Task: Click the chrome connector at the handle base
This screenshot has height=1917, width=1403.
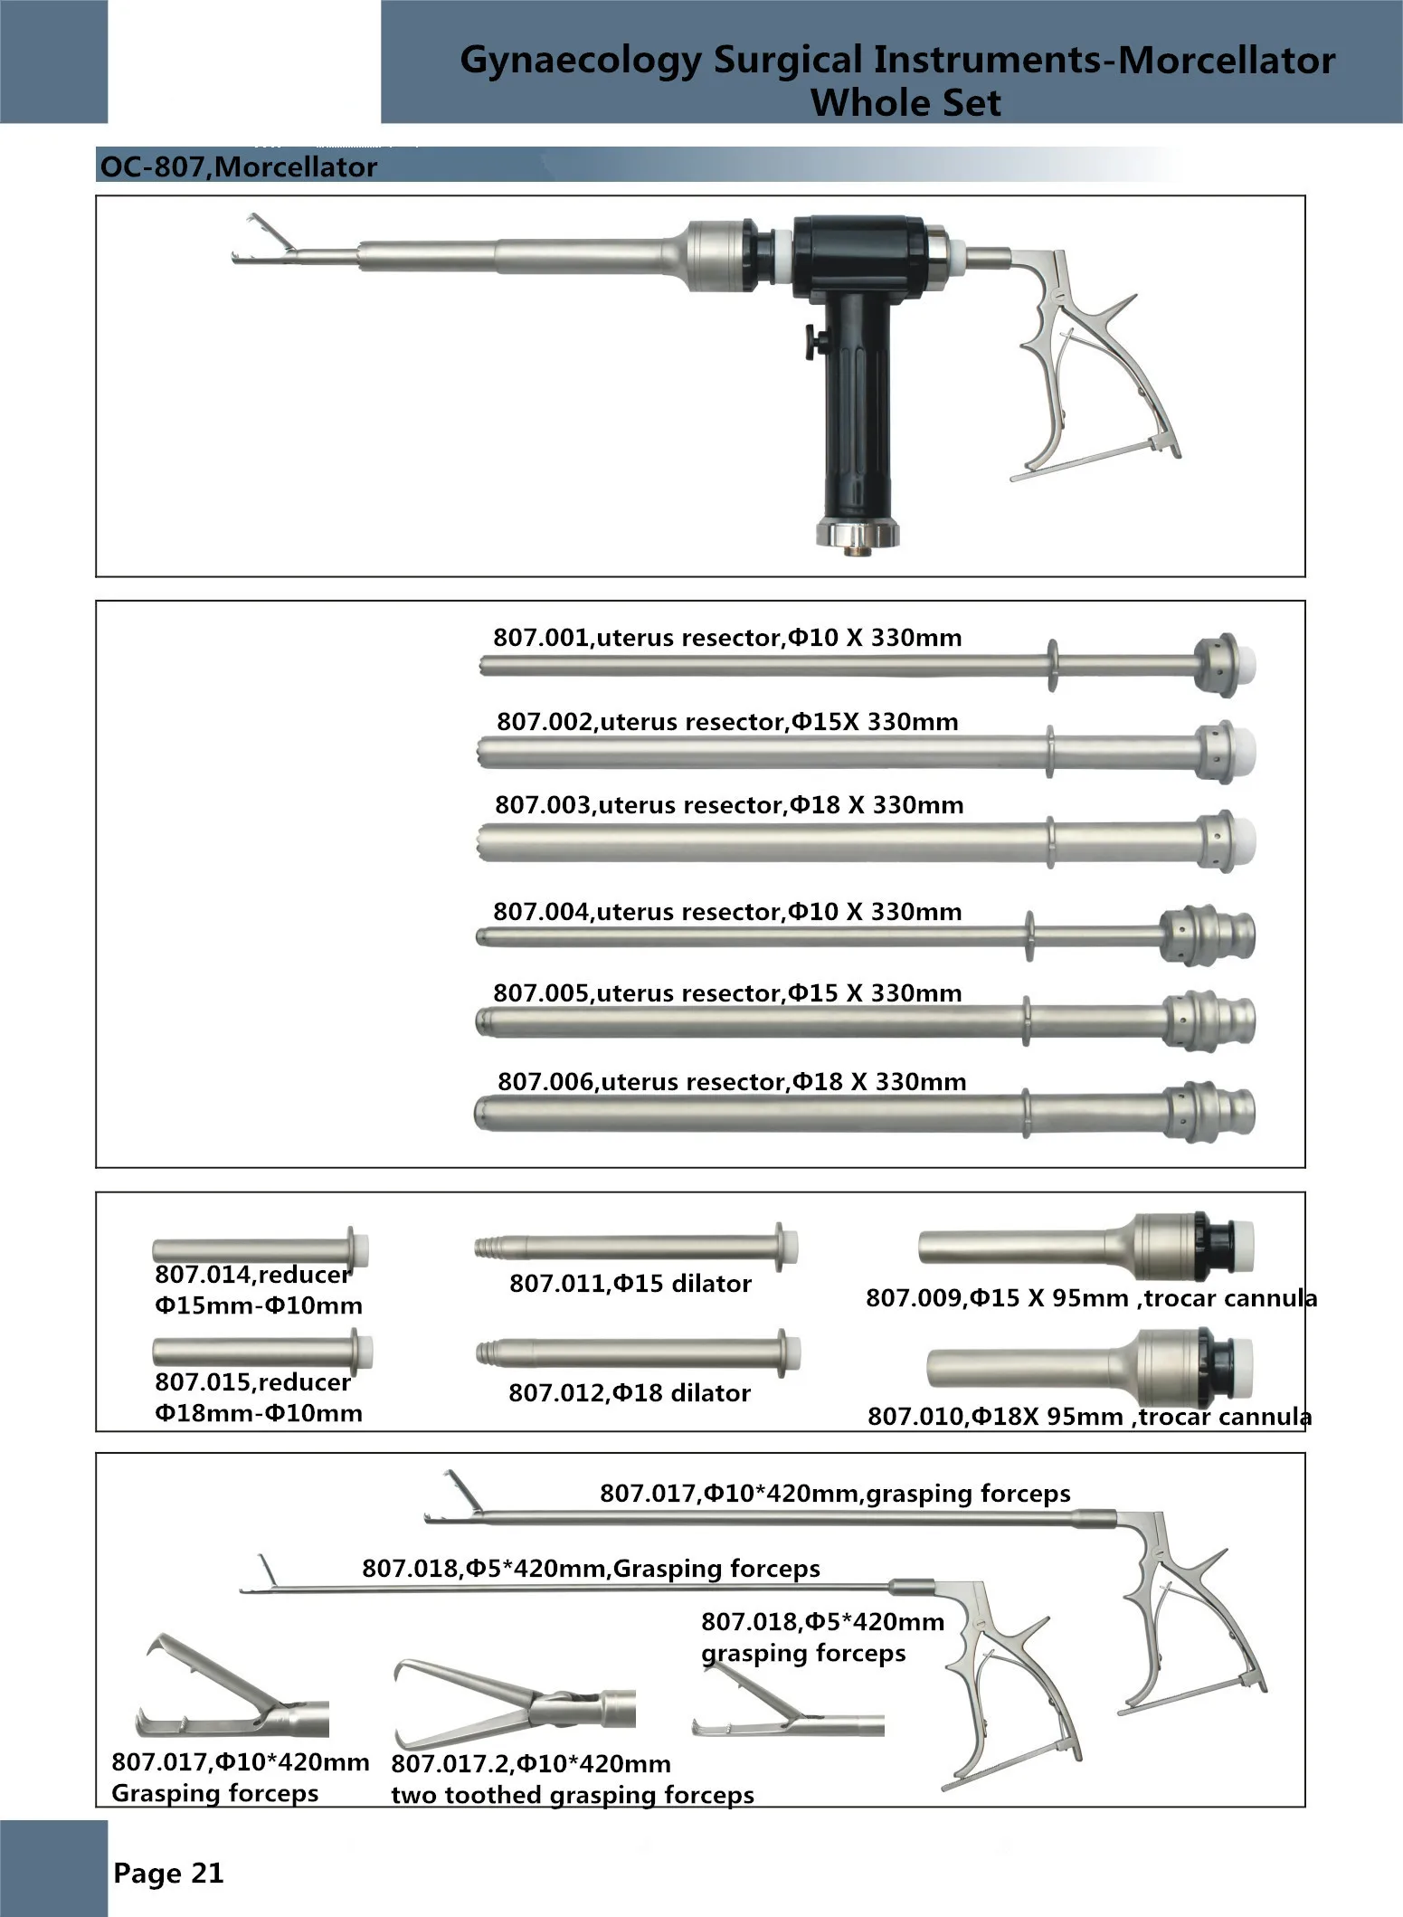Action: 858,533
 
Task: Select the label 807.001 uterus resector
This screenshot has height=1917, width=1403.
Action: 726,638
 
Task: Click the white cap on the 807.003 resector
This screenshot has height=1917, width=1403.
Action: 1245,840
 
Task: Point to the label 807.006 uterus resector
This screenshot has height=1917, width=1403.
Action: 731,1082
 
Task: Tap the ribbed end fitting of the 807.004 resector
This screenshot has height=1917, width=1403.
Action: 1208,935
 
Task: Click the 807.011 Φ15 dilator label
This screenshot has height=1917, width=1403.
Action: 630,1284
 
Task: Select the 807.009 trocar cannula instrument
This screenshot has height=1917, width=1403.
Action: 1085,1248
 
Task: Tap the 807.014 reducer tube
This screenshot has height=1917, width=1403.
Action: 259,1250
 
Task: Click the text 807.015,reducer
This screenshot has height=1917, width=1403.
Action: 252,1382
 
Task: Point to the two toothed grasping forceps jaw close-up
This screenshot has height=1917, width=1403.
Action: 513,1705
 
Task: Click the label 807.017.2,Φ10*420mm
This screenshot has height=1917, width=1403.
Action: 530,1764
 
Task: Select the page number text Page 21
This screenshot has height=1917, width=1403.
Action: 168,1873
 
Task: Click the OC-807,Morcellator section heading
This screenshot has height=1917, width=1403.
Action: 238,167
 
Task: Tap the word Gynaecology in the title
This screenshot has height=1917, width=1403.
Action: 581,61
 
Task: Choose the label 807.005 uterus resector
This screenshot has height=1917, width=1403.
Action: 726,993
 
